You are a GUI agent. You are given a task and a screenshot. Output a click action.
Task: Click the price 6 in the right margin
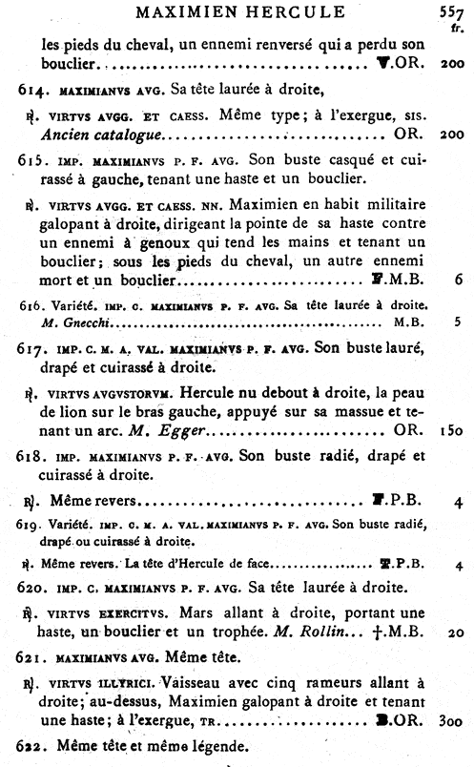[x=460, y=280]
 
